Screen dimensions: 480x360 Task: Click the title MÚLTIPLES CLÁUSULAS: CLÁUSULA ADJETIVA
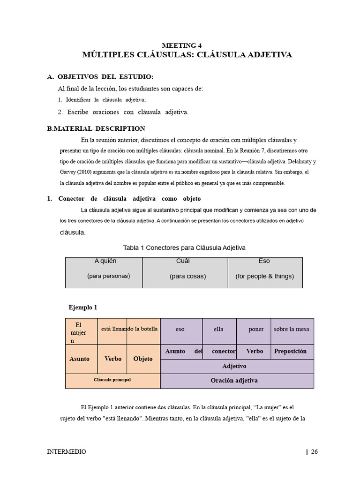coord(187,55)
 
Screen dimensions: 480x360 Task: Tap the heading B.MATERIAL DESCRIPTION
coord(96,128)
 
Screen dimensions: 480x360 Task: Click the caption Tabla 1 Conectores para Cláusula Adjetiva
coord(184,247)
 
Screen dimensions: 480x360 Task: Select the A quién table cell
coord(105,261)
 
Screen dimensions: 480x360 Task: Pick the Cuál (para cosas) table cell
coord(185,272)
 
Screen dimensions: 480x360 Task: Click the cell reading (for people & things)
coord(265,276)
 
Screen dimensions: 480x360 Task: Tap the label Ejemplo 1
coord(83,307)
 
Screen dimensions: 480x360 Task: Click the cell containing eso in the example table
coord(180,330)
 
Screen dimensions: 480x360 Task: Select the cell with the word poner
coord(256,330)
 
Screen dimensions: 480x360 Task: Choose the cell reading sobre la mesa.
coord(292,330)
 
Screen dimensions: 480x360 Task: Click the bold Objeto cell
coord(143,359)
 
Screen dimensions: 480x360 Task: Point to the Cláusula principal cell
coord(112,380)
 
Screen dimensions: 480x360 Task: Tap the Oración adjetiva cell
coord(237,381)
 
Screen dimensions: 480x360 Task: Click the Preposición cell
coord(290,351)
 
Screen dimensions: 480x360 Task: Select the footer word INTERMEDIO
coord(67,452)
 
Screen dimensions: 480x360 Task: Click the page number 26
coord(314,452)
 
